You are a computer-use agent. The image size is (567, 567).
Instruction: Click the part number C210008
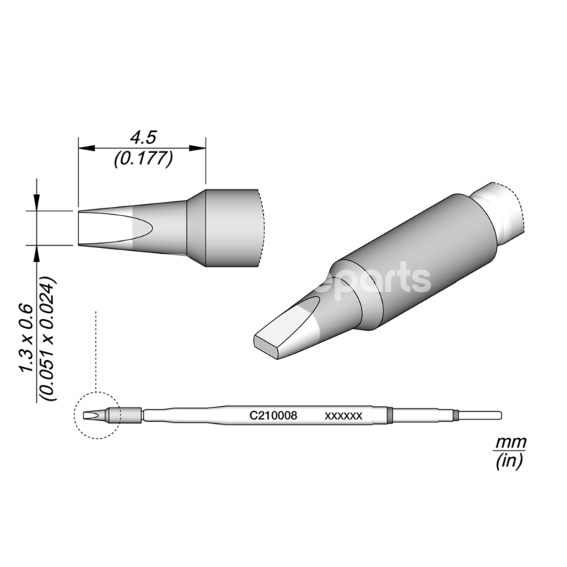(267, 417)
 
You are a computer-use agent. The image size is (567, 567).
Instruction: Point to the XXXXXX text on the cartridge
(343, 417)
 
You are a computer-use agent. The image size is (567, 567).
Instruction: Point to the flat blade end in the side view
(106, 228)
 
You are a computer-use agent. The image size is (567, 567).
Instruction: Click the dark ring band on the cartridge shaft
(390, 415)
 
